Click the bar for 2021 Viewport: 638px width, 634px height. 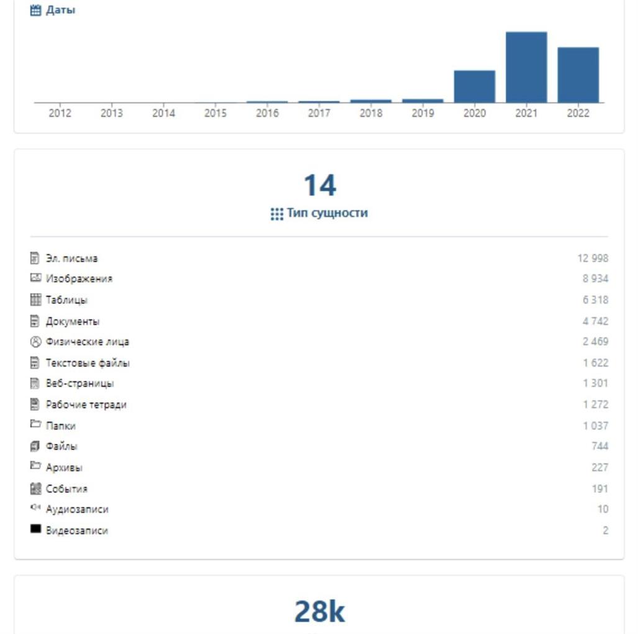(x=526, y=67)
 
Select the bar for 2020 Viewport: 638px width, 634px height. (x=475, y=86)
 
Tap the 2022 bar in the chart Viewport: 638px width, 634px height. (x=578, y=75)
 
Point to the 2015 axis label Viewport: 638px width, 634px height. (x=216, y=113)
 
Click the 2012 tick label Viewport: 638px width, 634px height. (x=60, y=113)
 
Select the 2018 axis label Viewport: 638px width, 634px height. (x=371, y=113)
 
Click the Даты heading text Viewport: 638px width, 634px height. (x=61, y=10)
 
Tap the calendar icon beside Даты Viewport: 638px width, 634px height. (x=35, y=10)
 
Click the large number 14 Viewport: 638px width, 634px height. (x=319, y=185)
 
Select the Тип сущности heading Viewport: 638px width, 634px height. (x=327, y=213)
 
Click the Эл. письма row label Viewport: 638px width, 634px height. (x=71, y=258)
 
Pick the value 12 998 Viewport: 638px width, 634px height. (x=593, y=258)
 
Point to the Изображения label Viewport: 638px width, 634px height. (x=79, y=278)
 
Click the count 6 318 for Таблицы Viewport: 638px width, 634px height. (x=595, y=300)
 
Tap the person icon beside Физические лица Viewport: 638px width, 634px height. (x=35, y=341)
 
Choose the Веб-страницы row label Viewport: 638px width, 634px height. (x=80, y=383)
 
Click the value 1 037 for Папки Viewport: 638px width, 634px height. (x=595, y=426)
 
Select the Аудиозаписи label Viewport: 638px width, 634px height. (x=77, y=509)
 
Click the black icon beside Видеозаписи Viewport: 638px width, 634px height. (x=35, y=530)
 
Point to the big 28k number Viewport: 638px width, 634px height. (x=319, y=611)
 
